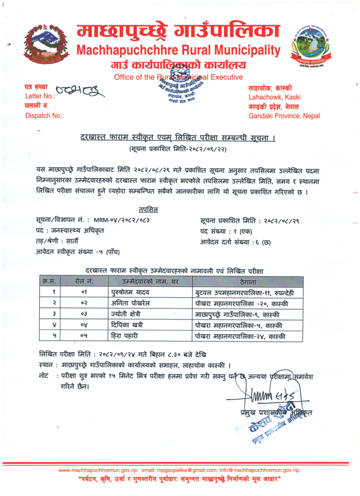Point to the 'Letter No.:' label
(x=37, y=96)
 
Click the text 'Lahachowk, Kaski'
(x=270, y=96)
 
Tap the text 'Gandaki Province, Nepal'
(x=283, y=116)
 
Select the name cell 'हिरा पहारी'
(x=124, y=336)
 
